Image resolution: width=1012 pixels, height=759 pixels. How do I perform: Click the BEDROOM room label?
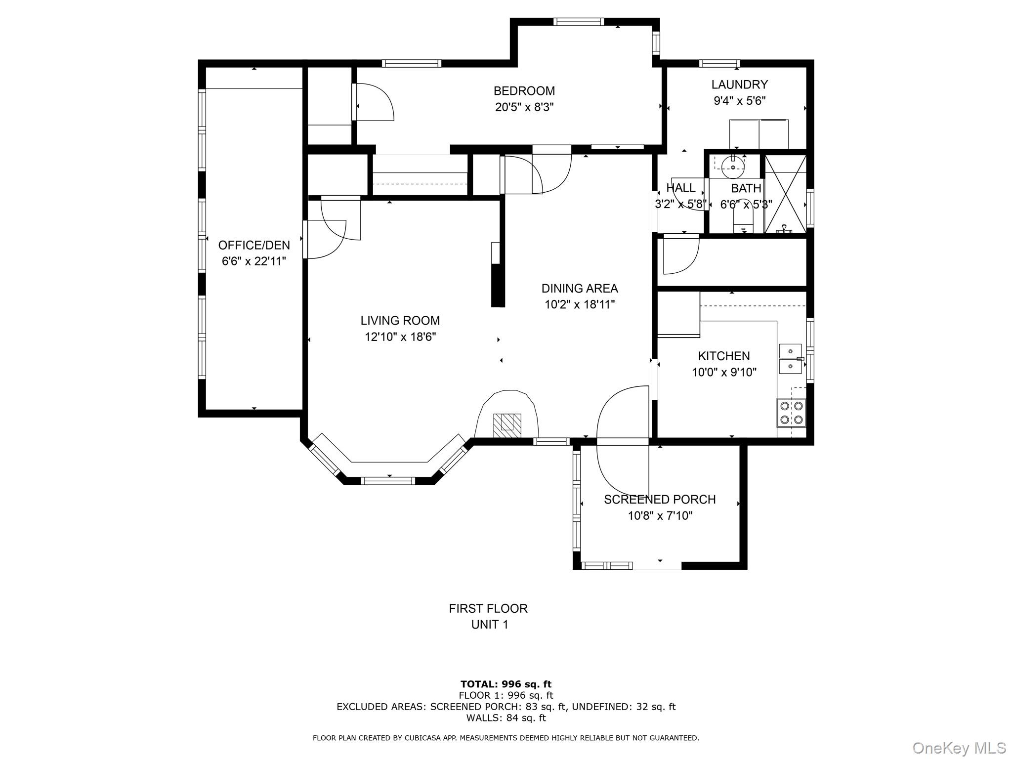(524, 91)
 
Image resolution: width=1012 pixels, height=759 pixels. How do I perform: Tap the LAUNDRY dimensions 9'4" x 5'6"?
(739, 101)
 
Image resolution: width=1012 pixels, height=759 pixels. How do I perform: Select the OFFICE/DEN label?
(254, 245)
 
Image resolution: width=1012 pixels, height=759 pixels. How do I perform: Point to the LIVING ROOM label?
(400, 321)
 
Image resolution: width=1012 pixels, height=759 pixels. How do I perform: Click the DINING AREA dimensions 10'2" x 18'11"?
(580, 304)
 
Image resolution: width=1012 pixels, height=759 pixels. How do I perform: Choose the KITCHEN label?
(723, 356)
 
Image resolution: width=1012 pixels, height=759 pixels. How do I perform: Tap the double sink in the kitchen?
(791, 359)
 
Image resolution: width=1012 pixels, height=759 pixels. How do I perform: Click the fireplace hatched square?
(506, 424)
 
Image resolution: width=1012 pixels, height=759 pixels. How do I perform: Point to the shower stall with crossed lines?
(785, 194)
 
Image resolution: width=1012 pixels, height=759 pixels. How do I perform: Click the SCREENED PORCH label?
(660, 500)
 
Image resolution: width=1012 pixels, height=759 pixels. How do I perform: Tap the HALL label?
(680, 188)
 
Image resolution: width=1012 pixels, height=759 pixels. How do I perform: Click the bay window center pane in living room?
(387, 480)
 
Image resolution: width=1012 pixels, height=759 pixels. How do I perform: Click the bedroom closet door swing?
(374, 102)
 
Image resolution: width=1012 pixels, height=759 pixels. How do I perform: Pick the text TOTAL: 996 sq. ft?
(506, 684)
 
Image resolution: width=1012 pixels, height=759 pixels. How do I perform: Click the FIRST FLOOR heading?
(488, 608)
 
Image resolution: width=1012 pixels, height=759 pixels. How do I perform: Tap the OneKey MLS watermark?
(959, 748)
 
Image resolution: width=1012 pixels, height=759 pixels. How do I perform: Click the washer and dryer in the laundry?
(759, 134)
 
